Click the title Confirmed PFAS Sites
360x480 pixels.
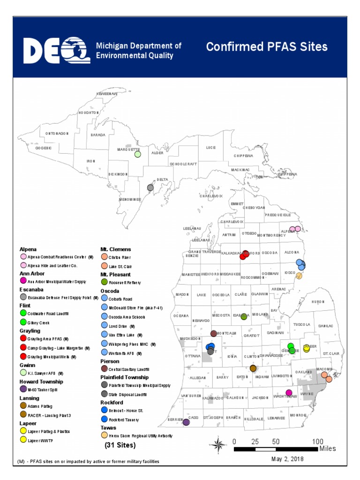pyautogui.click(x=267, y=47)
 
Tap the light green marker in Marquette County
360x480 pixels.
pyautogui.click(x=137, y=154)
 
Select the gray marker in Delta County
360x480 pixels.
pyautogui.click(x=150, y=187)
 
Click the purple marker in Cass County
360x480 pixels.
pyautogui.click(x=186, y=422)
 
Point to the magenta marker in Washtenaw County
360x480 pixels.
pyautogui.click(x=289, y=392)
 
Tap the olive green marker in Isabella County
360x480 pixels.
pyautogui.click(x=244, y=317)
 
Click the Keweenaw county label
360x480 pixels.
pyautogui.click(x=106, y=94)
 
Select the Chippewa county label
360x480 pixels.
pyautogui.click(x=243, y=156)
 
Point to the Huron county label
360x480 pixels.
pyautogui.click(x=318, y=302)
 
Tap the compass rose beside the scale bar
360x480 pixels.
pyautogui.click(x=218, y=443)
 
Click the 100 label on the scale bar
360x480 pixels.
pyautogui.click(x=318, y=442)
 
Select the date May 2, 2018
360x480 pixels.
pyautogui.click(x=287, y=459)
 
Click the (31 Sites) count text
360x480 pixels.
pyautogui.click(x=120, y=445)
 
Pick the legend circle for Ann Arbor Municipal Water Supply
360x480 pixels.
pyautogui.click(x=23, y=281)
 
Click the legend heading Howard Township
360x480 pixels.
pyautogui.click(x=41, y=382)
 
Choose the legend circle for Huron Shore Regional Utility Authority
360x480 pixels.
pyautogui.click(x=104, y=435)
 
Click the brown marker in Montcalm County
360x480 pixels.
pyautogui.click(x=214, y=333)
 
